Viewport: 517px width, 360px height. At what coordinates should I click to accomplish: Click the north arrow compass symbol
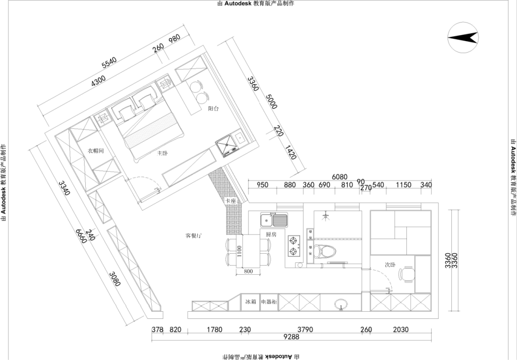tap(463, 38)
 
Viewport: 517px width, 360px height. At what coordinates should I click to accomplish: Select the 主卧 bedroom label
tap(162, 153)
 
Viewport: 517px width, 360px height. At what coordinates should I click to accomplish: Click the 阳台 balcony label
tap(214, 109)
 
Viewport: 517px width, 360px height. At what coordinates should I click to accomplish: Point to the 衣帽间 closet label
tap(96, 151)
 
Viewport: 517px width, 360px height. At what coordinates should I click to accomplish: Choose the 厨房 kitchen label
tap(271, 235)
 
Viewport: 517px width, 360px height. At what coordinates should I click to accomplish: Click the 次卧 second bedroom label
tap(390, 264)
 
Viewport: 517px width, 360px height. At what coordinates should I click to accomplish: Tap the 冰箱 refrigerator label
tap(251, 302)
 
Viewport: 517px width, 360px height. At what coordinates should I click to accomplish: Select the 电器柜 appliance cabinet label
tap(269, 302)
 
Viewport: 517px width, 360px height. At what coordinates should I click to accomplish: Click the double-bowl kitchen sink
tap(273, 220)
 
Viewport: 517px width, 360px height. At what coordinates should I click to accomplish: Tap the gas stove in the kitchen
tap(293, 245)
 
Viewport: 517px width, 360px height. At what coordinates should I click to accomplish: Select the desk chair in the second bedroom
tap(407, 274)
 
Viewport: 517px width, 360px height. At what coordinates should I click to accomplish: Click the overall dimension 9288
tap(291, 337)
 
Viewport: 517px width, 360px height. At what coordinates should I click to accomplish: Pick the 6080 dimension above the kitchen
tap(339, 177)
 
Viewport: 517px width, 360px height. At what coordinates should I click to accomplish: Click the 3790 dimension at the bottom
tap(305, 329)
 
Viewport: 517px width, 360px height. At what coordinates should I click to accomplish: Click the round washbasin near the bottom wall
tap(340, 303)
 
